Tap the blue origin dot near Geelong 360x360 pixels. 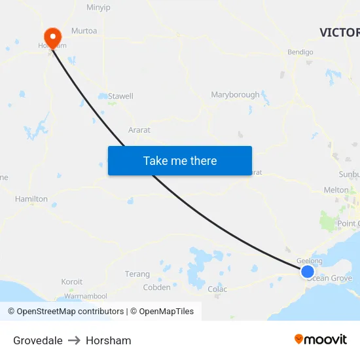(x=307, y=271)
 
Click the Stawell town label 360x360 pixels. (x=120, y=96)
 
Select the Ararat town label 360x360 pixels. (x=139, y=130)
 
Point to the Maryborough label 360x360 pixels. (x=235, y=95)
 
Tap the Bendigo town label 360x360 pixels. (x=300, y=52)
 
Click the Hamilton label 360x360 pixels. (x=31, y=199)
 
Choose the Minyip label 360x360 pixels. (x=98, y=8)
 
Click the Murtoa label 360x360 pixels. (x=84, y=31)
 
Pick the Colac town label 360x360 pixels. (x=217, y=289)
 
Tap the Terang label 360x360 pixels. (x=137, y=274)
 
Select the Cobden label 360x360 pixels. (x=156, y=287)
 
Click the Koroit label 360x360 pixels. (x=72, y=282)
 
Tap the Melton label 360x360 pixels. (x=336, y=190)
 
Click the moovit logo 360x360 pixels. (x=320, y=339)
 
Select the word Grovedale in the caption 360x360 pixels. (x=38, y=340)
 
